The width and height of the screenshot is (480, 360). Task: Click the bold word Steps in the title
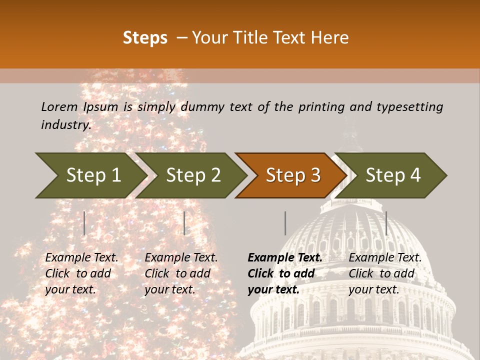[x=145, y=38]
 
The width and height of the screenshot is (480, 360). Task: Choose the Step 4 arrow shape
[x=393, y=175]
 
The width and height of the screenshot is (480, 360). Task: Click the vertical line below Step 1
[x=84, y=223]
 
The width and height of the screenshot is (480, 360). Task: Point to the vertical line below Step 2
[x=184, y=223]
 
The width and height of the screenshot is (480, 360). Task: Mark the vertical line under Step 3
[x=285, y=223]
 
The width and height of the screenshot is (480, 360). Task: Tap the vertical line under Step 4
[x=386, y=223]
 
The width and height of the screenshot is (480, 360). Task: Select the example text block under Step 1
[x=81, y=273]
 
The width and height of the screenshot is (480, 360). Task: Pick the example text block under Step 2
[x=181, y=273]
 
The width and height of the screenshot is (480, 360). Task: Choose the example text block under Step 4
[x=385, y=273]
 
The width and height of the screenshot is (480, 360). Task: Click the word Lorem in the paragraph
[x=59, y=106]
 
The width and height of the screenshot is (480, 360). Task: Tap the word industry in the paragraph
[x=65, y=125]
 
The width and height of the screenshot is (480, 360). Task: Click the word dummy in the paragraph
[x=203, y=106]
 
